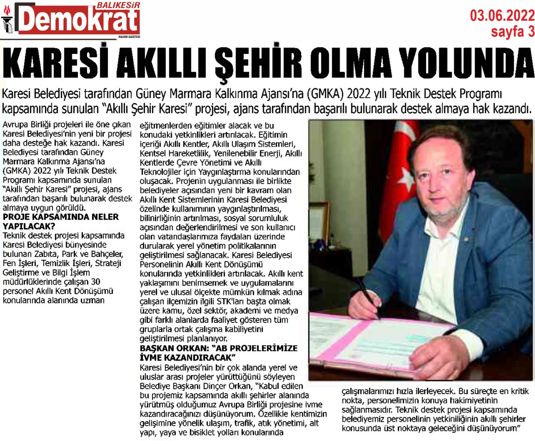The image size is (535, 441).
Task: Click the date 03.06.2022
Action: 502,15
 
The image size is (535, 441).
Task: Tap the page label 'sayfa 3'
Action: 513,32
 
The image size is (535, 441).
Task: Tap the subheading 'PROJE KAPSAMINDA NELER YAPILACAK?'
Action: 61,221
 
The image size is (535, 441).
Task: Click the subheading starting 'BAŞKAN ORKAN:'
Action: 218,353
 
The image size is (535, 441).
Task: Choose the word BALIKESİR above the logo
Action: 118,5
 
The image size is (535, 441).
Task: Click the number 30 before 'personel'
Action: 95,282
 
